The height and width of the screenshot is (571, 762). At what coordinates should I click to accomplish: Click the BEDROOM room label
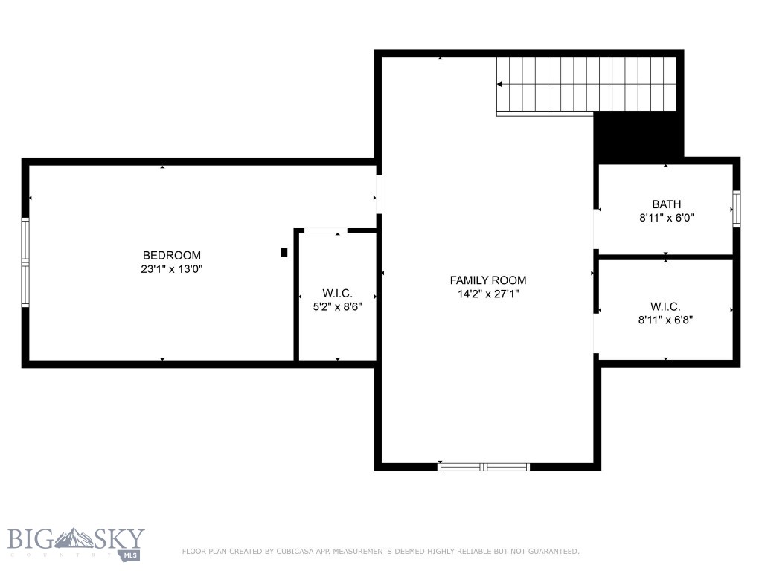(x=172, y=256)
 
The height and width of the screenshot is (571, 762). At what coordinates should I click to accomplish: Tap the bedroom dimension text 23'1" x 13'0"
(x=172, y=269)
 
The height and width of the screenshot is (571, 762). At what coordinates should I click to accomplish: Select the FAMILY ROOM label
(x=488, y=280)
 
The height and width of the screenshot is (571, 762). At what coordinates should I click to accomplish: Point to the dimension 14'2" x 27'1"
(x=488, y=294)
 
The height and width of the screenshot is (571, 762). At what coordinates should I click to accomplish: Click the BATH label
(x=666, y=204)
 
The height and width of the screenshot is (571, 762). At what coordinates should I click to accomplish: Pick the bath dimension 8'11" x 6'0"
(x=666, y=218)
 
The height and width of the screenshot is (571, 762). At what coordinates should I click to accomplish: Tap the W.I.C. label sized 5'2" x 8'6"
(x=337, y=293)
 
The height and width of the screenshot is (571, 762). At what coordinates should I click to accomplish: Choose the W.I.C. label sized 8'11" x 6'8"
(x=665, y=306)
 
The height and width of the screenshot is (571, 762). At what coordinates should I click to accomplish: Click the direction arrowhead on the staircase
(x=499, y=85)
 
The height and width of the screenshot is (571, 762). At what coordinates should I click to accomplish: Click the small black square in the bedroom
(x=284, y=253)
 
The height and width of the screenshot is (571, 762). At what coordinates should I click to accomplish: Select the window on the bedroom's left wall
(x=25, y=262)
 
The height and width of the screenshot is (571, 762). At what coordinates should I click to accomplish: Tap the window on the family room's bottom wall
(x=484, y=467)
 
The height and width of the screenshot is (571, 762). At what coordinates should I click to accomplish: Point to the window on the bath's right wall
(x=737, y=209)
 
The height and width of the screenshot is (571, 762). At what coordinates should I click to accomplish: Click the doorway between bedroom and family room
(x=379, y=194)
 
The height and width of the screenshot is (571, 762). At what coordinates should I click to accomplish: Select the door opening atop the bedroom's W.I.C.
(x=326, y=230)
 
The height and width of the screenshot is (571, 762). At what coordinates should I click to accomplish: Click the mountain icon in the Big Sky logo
(x=73, y=538)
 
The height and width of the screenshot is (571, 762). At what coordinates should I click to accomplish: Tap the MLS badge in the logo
(x=129, y=555)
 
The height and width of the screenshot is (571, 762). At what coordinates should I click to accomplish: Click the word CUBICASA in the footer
(x=295, y=552)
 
